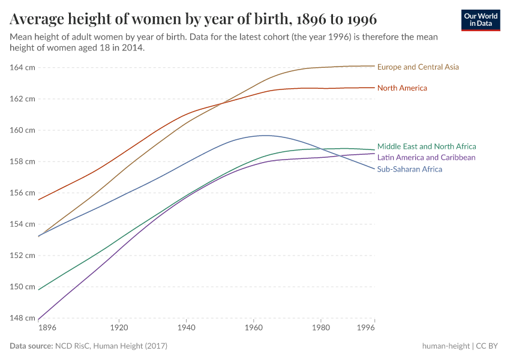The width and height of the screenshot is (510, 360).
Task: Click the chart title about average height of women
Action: [193, 19]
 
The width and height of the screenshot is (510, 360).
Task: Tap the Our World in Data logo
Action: [480, 20]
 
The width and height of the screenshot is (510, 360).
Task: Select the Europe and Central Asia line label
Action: [418, 67]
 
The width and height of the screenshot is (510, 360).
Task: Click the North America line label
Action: [402, 88]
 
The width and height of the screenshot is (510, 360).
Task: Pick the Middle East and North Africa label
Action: [427, 146]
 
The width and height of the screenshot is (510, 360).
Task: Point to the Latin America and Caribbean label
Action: [426, 158]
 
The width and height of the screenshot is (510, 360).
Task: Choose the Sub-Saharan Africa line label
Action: [409, 169]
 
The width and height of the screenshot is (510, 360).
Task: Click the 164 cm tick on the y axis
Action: [23, 67]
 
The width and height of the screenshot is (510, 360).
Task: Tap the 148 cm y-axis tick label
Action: [23, 318]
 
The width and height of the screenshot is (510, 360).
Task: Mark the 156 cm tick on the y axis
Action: [23, 193]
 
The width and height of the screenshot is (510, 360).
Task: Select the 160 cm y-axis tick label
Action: [23, 130]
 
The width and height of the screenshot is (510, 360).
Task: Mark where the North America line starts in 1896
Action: [38, 200]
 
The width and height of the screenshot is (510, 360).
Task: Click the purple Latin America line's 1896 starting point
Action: [38, 320]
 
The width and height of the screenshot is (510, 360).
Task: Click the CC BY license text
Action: [489, 346]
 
